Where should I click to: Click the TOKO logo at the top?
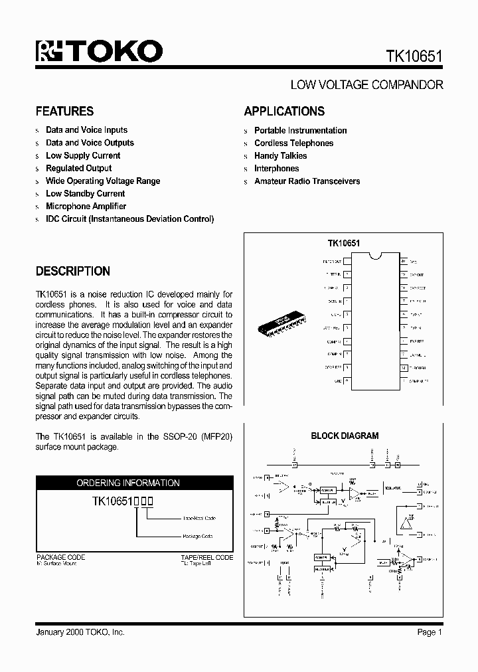[x=99, y=52]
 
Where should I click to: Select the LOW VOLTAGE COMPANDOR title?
[x=366, y=85]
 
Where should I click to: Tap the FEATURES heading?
[x=64, y=112]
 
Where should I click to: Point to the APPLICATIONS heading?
[x=284, y=112]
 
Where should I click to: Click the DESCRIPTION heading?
[x=72, y=272]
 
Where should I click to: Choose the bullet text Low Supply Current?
[x=83, y=155]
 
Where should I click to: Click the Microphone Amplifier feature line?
[x=86, y=207]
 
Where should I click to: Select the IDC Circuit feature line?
[x=129, y=219]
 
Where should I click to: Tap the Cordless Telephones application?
[x=293, y=143]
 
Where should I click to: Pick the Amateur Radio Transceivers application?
[x=307, y=181]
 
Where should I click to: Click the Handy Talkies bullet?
[x=280, y=155]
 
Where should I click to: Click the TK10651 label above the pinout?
[x=343, y=244]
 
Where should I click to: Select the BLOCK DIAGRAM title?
[x=345, y=436]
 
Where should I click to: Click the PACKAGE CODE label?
[x=60, y=557]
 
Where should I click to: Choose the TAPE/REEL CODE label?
[x=206, y=557]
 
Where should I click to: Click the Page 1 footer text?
[x=430, y=632]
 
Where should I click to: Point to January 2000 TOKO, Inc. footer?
[x=80, y=632]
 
